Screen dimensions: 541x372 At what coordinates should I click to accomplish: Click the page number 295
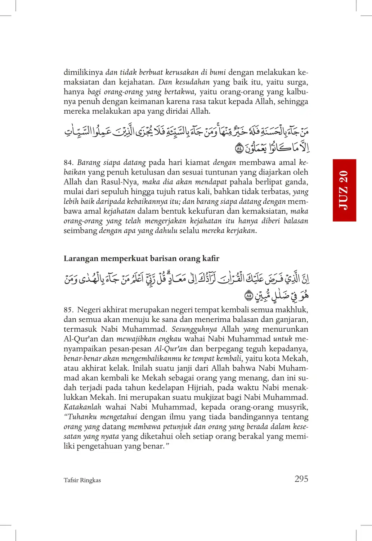pyautogui.click(x=301, y=479)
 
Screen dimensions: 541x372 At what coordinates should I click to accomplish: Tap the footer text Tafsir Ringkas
pyautogui.click(x=82, y=480)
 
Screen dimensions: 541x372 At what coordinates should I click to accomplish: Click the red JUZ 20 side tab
pyautogui.click(x=344, y=190)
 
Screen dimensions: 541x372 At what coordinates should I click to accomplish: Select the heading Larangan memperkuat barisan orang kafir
pyautogui.click(x=141, y=258)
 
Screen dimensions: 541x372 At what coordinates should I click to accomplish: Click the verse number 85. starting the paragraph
pyautogui.click(x=68, y=310)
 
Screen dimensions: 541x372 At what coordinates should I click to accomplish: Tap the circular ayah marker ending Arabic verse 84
pyautogui.click(x=239, y=147)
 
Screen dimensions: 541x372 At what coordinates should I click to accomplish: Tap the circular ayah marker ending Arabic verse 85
pyautogui.click(x=248, y=295)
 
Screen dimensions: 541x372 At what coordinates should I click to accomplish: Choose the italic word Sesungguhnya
pyautogui.click(x=194, y=329)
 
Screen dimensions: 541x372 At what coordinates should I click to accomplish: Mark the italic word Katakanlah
pyautogui.click(x=82, y=407)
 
